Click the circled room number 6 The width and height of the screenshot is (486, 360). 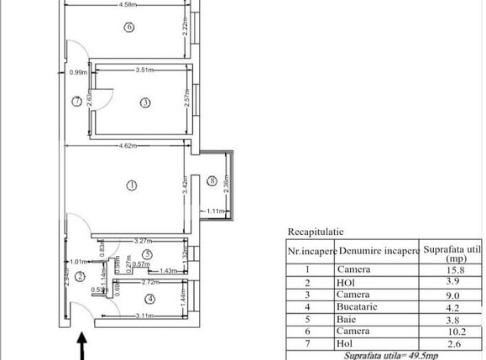coord(128,27)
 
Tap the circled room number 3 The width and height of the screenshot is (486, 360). coord(144,103)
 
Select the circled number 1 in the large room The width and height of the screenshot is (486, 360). coord(131,185)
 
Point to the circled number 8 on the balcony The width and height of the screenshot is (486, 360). coord(212,180)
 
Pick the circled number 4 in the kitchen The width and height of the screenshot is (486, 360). coord(149,298)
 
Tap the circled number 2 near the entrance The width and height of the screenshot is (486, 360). coord(80,275)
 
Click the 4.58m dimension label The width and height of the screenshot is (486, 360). coord(128,5)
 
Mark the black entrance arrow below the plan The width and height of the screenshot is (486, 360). coord(81,345)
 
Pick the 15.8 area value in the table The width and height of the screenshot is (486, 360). coord(454,269)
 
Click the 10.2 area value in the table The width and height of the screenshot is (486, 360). coord(453,345)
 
